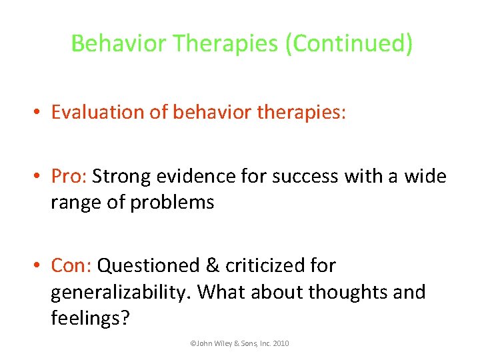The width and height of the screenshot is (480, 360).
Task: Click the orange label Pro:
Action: pos(69,176)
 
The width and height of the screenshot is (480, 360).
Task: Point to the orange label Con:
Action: pos(71,265)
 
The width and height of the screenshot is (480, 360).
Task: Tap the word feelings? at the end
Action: pos(89,319)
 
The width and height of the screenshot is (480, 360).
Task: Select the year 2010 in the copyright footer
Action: pos(280,343)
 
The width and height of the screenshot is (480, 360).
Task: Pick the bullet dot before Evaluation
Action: pos(39,113)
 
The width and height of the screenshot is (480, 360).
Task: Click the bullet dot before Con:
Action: pos(39,266)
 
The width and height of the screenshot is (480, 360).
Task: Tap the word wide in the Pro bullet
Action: pos(423,176)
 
